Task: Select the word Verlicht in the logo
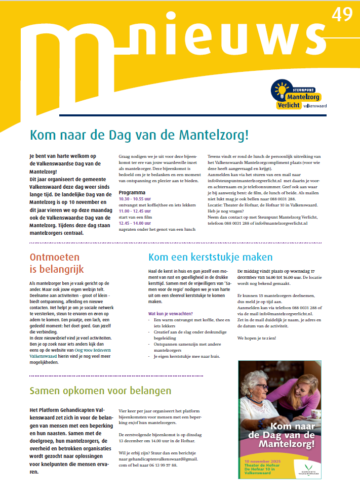pyautogui.click(x=289, y=105)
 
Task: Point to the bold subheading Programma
pyautogui.click(x=132, y=193)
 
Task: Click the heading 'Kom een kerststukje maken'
pyautogui.click(x=210, y=257)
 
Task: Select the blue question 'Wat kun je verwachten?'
pyautogui.click(x=170, y=314)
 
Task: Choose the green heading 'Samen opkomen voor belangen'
pyautogui.click(x=100, y=391)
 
